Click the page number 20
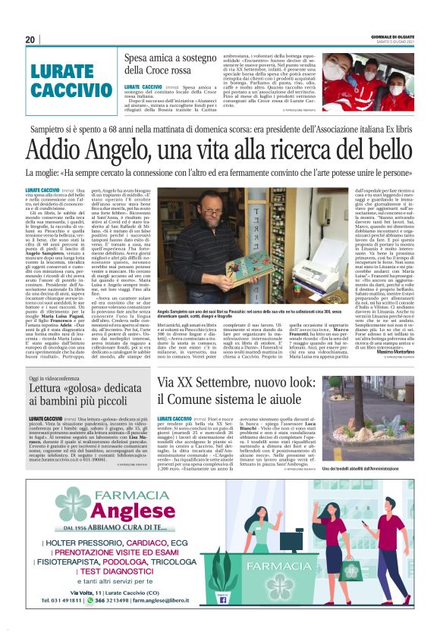(30, 39)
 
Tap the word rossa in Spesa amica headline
(186, 70)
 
